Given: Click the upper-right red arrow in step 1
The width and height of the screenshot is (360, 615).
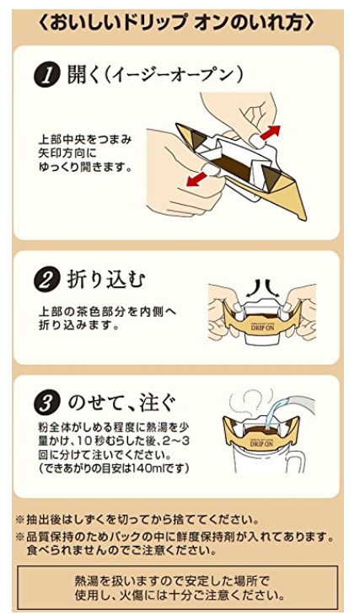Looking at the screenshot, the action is [270, 132].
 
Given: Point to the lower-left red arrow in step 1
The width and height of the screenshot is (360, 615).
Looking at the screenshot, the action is [197, 179].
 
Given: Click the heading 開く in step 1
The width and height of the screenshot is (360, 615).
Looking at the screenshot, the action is [84, 75].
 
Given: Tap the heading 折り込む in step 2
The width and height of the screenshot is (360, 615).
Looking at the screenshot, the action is [106, 281].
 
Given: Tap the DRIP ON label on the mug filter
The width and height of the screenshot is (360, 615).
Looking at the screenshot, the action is [261, 443].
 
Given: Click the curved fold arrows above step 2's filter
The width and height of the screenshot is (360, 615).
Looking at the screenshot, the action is [262, 288].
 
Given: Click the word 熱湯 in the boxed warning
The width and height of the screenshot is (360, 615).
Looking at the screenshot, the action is [85, 580].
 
